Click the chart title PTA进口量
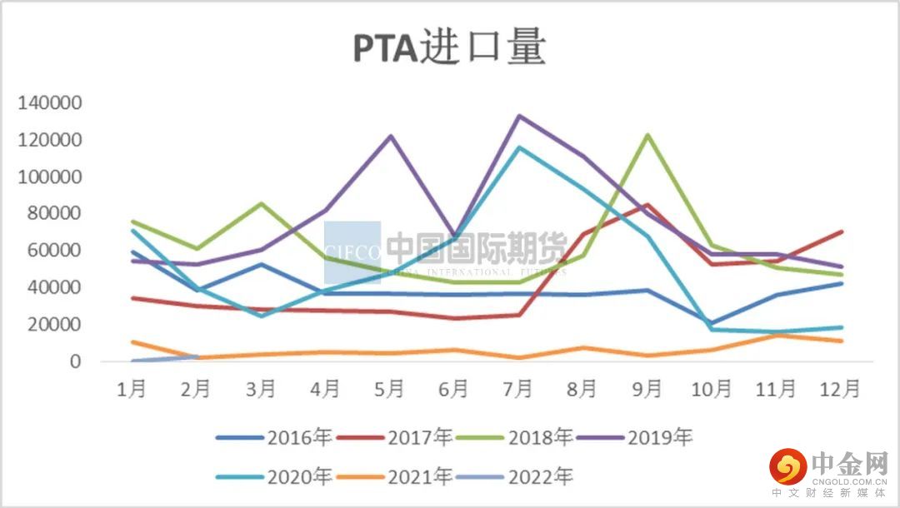click(449, 49)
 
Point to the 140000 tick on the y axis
click(50, 103)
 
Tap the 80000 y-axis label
click(54, 214)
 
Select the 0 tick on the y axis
click(75, 362)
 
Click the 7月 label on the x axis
click(517, 390)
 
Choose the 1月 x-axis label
click(132, 390)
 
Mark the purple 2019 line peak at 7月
click(518, 116)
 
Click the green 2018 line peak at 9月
click(647, 135)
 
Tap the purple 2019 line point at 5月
click(390, 136)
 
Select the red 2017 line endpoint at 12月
click(841, 232)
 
